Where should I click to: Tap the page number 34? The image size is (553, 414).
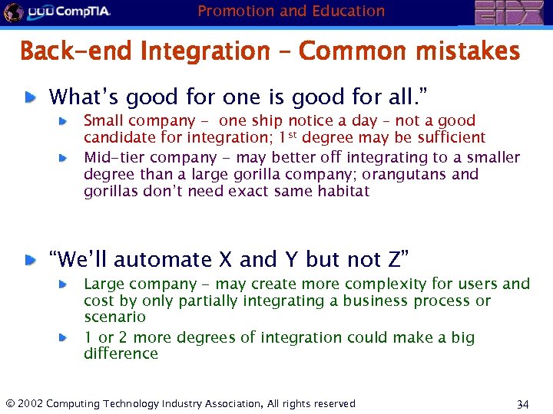[523, 404]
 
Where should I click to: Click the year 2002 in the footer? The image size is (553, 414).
[30, 403]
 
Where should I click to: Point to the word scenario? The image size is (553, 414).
[114, 317]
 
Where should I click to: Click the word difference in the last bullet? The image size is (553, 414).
[121, 353]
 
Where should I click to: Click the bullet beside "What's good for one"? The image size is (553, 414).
[28, 97]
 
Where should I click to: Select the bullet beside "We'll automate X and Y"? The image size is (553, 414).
[28, 261]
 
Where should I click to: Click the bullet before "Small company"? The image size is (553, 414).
[66, 121]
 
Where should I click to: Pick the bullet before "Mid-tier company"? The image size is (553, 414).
[66, 157]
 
